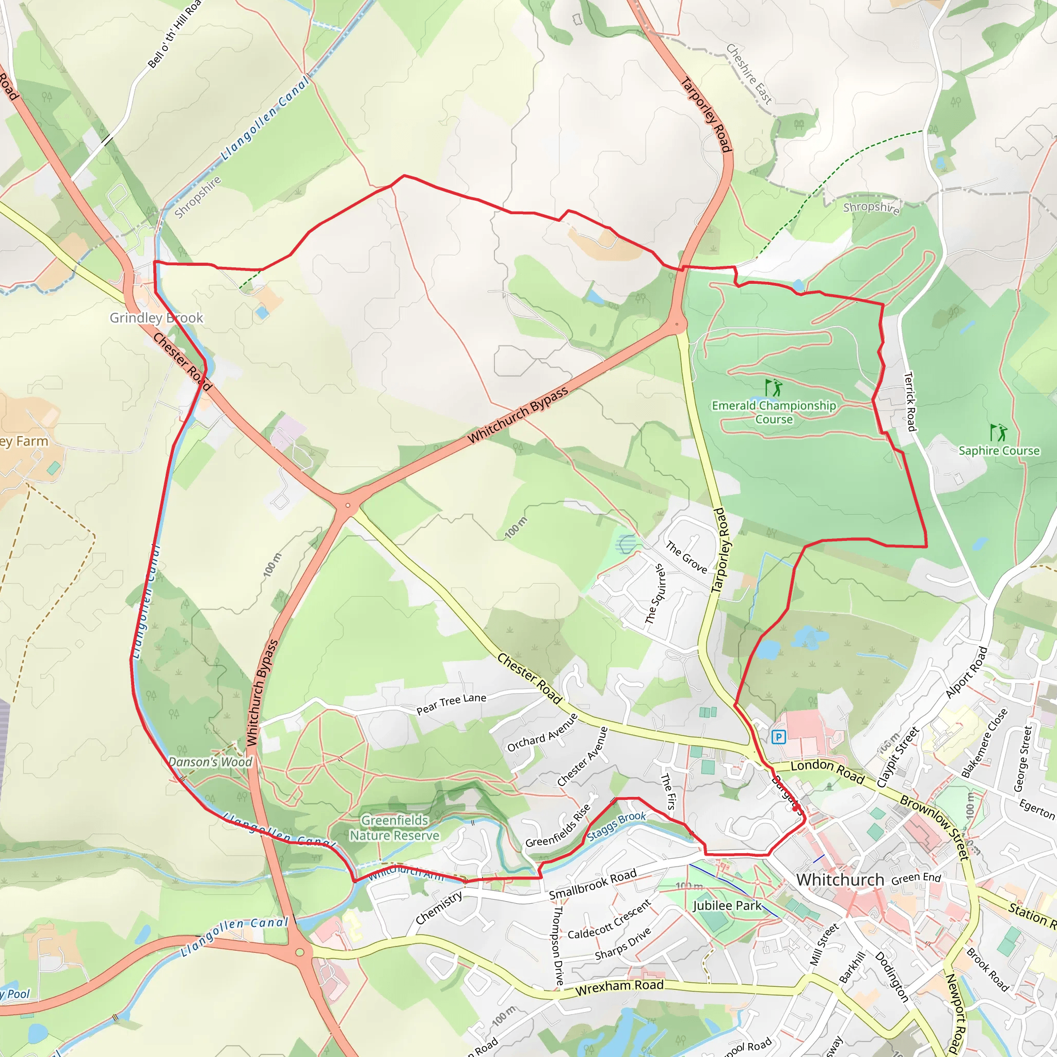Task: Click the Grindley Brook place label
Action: [156, 318]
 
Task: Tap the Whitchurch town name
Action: [840, 880]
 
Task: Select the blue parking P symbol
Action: [778, 737]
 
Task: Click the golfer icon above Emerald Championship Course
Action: [774, 388]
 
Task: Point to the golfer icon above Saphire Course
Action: [999, 433]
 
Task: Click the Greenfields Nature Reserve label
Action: [394, 828]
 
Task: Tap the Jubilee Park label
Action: [727, 905]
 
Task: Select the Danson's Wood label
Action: [211, 762]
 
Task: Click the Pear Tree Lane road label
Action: [452, 704]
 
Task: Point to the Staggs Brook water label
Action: [617, 826]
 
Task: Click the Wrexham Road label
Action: [619, 987]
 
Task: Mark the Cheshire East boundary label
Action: [749, 74]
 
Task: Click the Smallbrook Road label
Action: [592, 884]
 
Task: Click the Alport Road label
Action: [967, 672]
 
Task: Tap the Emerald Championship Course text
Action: [774, 412]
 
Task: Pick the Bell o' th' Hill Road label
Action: [174, 34]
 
